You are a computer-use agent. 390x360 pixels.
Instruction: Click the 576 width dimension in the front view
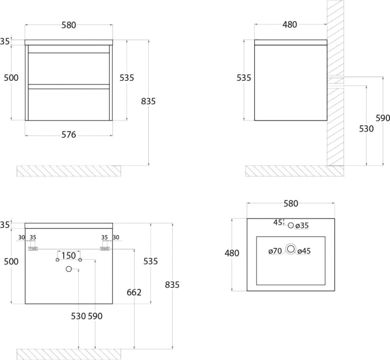coord(68,135)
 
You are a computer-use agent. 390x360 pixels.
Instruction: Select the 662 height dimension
coord(134,292)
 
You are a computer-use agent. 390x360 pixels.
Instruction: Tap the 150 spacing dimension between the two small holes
coord(68,256)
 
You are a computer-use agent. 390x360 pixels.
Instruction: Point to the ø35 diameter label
coord(302,225)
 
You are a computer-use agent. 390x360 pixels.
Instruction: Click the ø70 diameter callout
coord(275,251)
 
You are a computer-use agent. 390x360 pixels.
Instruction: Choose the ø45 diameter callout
coord(304,251)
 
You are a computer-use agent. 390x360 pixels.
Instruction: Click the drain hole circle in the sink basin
coord(290,249)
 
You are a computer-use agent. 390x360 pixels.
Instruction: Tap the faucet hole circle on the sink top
coord(291,225)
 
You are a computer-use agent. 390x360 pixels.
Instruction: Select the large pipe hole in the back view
coord(69,269)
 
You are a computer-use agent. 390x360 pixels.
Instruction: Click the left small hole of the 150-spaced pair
coord(57,260)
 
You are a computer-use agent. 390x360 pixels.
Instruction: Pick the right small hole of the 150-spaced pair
coord(80,260)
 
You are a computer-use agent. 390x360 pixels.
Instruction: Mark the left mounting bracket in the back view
coord(33,248)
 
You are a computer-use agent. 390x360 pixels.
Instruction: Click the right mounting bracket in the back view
coord(105,248)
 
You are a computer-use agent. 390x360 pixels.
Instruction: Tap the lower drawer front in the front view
coord(69,104)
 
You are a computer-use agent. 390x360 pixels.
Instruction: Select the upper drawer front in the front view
coord(69,68)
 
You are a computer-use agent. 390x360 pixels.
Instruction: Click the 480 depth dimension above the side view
coord(290,25)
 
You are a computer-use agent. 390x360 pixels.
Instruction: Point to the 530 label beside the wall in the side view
coord(367,129)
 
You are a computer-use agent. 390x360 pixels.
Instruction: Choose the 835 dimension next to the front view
coord(148,101)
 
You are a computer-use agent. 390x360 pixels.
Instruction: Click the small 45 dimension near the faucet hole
coord(278,222)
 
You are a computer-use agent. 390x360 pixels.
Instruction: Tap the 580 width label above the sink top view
coord(291,204)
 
